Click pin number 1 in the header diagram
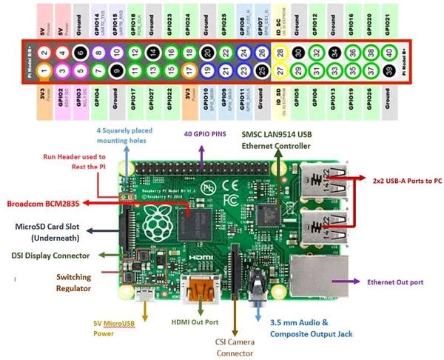[44, 71]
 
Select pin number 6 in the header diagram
[80, 53]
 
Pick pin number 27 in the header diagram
[280, 71]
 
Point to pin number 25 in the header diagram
[262, 71]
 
